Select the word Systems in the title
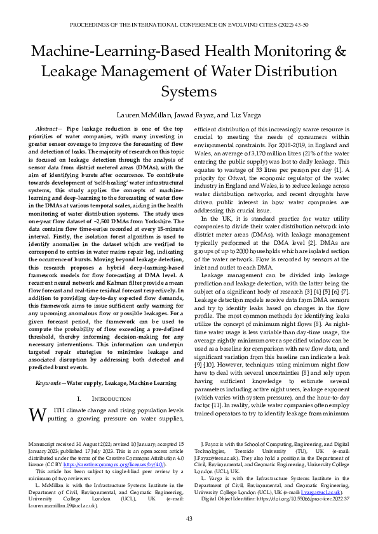(189, 93)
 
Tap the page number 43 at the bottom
(189, 519)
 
